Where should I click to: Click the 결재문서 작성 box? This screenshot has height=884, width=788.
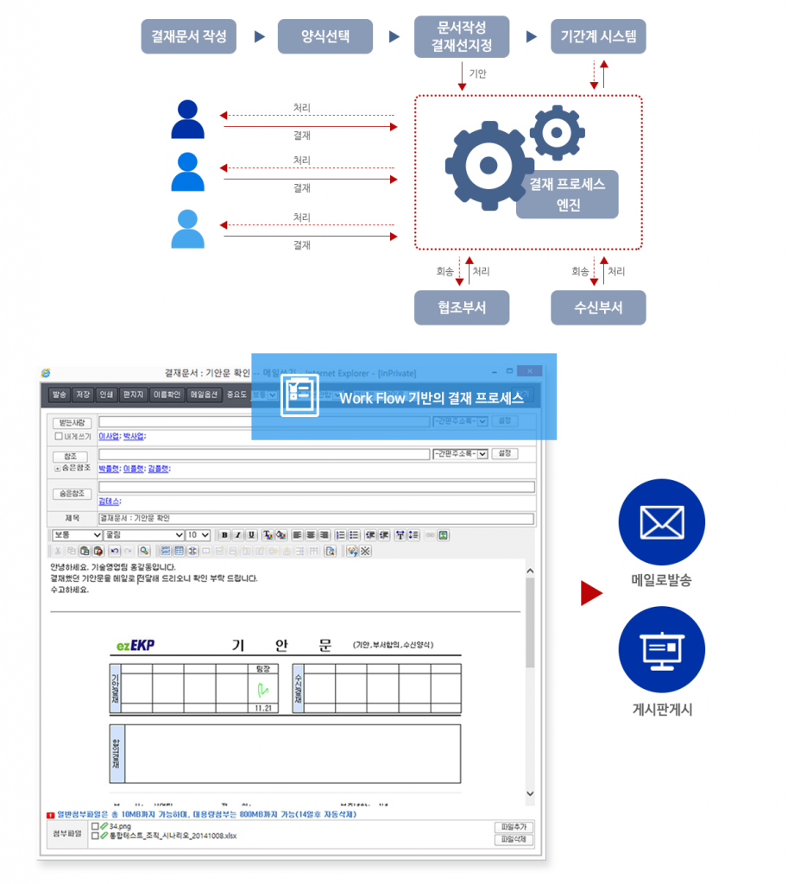[x=188, y=36]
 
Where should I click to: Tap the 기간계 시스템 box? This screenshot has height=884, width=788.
[x=598, y=36]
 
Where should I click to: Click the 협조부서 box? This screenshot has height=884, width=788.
[x=461, y=307]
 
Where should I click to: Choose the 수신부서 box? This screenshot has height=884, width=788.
[x=598, y=307]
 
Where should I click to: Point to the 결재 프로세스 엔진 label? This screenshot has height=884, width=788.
[x=567, y=194]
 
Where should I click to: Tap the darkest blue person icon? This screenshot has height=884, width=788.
[x=187, y=120]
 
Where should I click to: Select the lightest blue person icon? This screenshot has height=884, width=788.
[x=187, y=229]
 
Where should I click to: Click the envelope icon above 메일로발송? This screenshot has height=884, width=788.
[x=661, y=521]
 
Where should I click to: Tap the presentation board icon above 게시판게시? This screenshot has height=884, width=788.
[x=661, y=650]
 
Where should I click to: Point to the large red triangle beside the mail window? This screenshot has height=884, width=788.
[x=590, y=593]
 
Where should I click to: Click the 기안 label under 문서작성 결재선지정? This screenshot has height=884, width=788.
[x=477, y=74]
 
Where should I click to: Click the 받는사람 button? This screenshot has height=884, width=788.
[x=72, y=422]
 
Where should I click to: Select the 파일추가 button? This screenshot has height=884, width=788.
[x=513, y=826]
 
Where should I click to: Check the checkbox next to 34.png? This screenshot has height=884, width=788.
[x=95, y=826]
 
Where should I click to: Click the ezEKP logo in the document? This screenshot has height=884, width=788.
[x=136, y=646]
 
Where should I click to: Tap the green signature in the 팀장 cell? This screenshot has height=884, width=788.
[x=262, y=689]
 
